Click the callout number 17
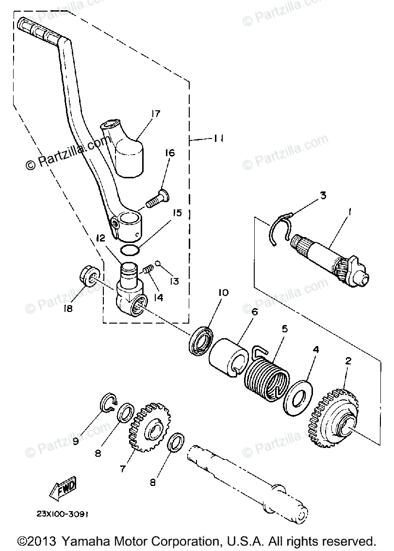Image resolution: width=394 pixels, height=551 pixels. (155, 115)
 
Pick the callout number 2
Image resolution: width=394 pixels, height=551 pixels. (348, 362)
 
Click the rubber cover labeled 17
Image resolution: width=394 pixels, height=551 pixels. (129, 153)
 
